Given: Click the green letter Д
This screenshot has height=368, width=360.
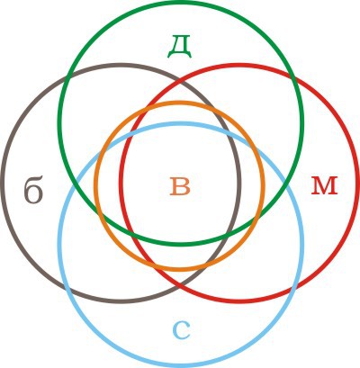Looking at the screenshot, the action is (179, 47).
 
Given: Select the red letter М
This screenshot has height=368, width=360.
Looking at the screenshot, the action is (324, 186).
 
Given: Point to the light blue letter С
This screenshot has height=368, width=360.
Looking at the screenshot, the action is (182, 331).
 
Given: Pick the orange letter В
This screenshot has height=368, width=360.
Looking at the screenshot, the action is (180, 186).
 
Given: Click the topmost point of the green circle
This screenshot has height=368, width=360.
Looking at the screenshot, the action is (181, 2).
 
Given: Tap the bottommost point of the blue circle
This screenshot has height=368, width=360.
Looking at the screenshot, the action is (181, 366).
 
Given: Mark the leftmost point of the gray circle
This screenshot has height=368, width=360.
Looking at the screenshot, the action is (2, 183).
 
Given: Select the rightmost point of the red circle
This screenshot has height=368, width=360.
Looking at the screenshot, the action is (358, 183).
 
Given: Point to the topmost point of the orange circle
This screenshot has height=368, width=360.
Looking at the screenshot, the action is (179, 103).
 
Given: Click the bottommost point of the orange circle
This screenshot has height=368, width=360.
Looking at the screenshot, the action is (179, 270).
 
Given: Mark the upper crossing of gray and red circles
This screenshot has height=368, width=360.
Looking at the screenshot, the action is (180, 80).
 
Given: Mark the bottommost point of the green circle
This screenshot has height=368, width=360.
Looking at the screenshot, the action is (181, 245).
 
